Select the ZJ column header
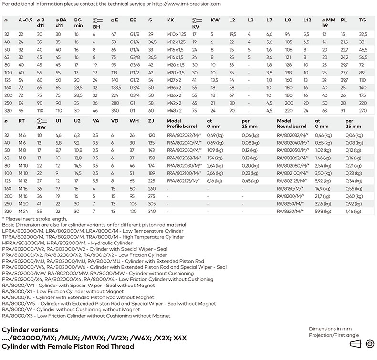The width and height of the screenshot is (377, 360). point(151,121)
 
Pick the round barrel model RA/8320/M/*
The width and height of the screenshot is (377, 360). point(291,211)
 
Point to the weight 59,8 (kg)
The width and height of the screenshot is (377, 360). point(324,211)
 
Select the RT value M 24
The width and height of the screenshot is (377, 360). point(23,211)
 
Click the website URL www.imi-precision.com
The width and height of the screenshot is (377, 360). point(193,3)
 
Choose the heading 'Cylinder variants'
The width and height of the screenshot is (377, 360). point(30,330)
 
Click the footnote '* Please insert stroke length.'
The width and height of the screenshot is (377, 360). point(34,218)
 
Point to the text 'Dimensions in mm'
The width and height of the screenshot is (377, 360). point(330,329)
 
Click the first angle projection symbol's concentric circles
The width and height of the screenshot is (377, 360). point(369,344)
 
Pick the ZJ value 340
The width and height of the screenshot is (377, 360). point(152,211)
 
